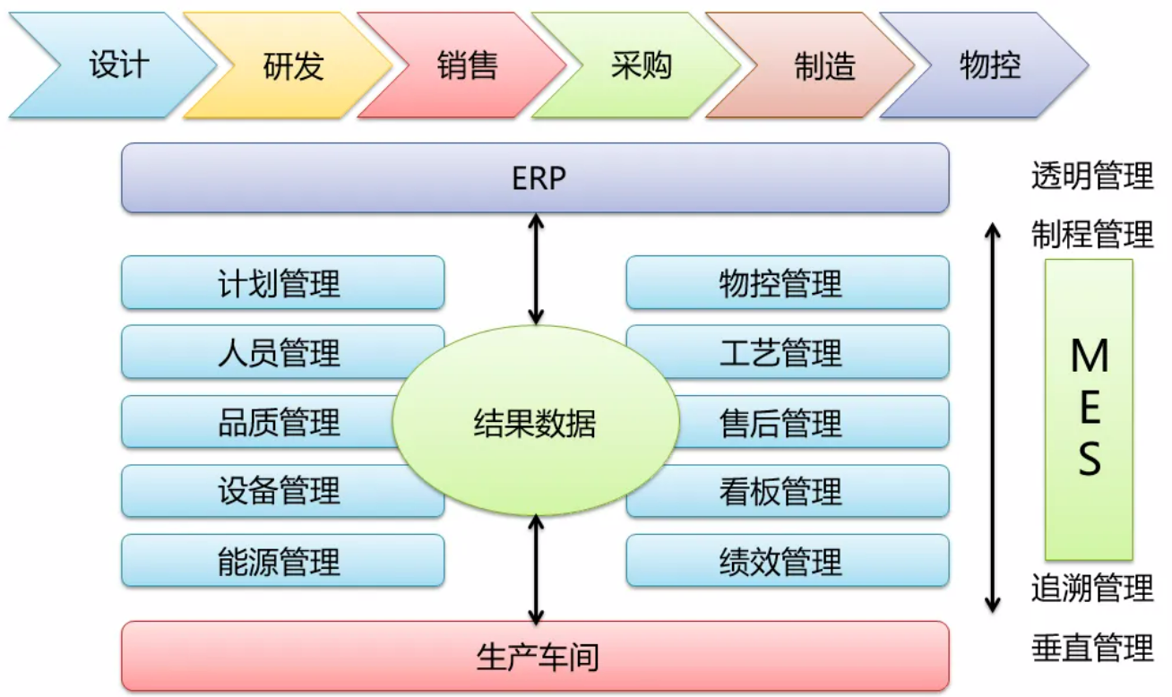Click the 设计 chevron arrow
pyautogui.click(x=116, y=65)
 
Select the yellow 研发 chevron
pyautogui.click(x=292, y=65)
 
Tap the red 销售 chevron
pyautogui.click(x=467, y=65)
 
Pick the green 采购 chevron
pyautogui.click(x=641, y=65)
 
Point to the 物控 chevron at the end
pyautogui.click(x=989, y=65)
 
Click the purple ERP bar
pyautogui.click(x=535, y=178)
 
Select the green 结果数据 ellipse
pyautogui.click(x=535, y=423)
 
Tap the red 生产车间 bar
pyautogui.click(x=535, y=657)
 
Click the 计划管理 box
pyautogui.click(x=282, y=283)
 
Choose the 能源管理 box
pyautogui.click(x=282, y=562)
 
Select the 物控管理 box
pyautogui.click(x=787, y=283)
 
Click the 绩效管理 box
pyautogui.click(x=787, y=562)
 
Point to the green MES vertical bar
pyautogui.click(x=1089, y=409)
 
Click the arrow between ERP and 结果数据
pyautogui.click(x=536, y=269)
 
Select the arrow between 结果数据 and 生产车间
pyautogui.click(x=536, y=569)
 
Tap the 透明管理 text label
pyautogui.click(x=1091, y=177)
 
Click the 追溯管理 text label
pyautogui.click(x=1091, y=589)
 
